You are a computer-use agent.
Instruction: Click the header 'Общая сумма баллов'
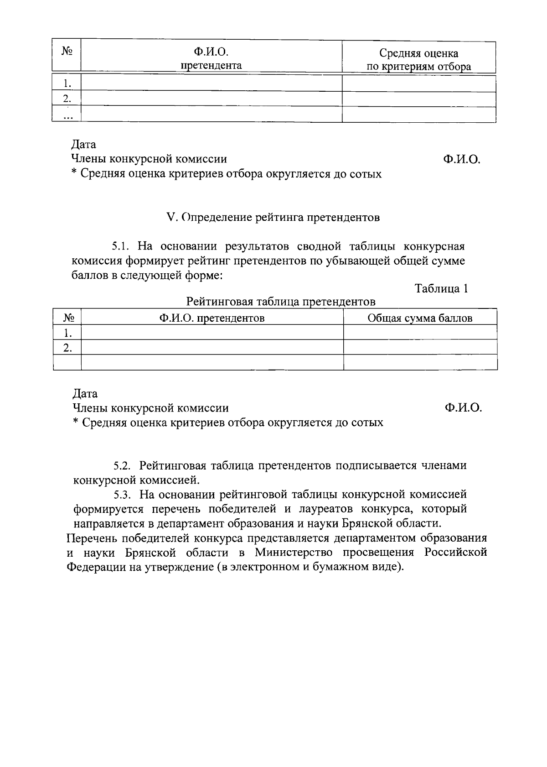tap(420, 318)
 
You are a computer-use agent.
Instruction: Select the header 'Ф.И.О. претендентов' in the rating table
tap(212, 318)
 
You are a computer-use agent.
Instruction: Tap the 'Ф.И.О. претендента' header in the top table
tap(212, 59)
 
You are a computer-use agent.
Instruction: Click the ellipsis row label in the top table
tap(67, 116)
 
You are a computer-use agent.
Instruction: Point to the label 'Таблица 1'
tap(441, 289)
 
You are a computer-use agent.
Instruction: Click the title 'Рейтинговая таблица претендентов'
tap(281, 302)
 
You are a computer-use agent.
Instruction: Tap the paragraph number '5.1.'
tap(122, 247)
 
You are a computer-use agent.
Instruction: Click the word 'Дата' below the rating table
tap(85, 393)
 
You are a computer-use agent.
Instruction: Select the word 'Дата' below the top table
tap(84, 145)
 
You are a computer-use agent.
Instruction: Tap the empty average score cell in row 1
tap(419, 83)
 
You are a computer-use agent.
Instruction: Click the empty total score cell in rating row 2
tap(420, 347)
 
